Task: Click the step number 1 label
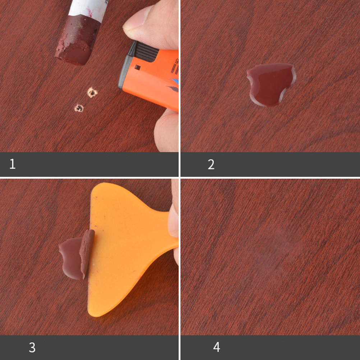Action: (x=13, y=164)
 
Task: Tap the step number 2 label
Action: (x=211, y=165)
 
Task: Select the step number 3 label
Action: (x=32, y=347)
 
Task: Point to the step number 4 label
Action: (x=217, y=347)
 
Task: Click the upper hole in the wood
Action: (x=92, y=92)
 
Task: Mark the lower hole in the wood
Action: (x=79, y=108)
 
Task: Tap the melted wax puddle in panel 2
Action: (x=271, y=84)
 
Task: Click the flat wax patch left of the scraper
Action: (x=70, y=258)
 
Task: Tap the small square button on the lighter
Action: (x=138, y=67)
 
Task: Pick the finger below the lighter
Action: (x=166, y=130)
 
